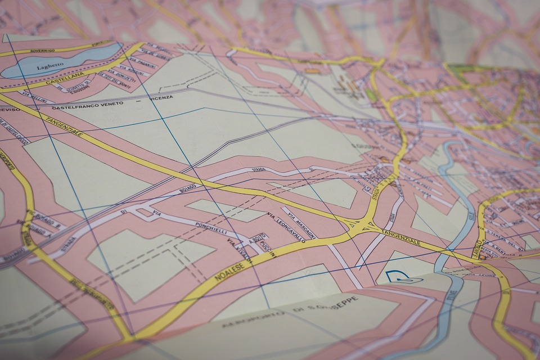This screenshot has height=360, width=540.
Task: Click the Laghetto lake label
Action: coord(50,66)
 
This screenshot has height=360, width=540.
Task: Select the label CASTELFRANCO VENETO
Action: coord(87,105)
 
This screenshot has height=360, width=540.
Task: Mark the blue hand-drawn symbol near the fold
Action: coord(404,276)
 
